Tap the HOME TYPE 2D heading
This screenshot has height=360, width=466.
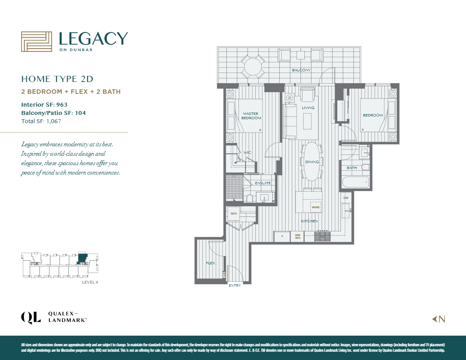coord(57,79)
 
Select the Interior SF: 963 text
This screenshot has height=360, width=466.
coord(44,105)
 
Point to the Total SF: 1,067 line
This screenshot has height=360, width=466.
coord(41,121)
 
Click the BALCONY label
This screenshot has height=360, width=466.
coord(301,70)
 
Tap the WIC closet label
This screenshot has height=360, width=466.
coord(247,152)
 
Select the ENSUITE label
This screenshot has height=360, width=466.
coord(262,183)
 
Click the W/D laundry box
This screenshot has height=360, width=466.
coord(234,214)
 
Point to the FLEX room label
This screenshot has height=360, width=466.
coord(210,263)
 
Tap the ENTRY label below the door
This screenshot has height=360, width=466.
coord(235,285)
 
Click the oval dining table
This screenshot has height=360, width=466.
coord(312,162)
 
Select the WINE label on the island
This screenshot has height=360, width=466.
coord(316,207)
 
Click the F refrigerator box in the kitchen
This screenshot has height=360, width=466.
coord(282,236)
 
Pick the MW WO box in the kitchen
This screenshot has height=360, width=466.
coord(298,236)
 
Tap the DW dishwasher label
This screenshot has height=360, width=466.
coord(346,198)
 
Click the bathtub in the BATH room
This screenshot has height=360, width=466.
coord(355,182)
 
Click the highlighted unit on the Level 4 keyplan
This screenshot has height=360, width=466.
coord(83,258)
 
